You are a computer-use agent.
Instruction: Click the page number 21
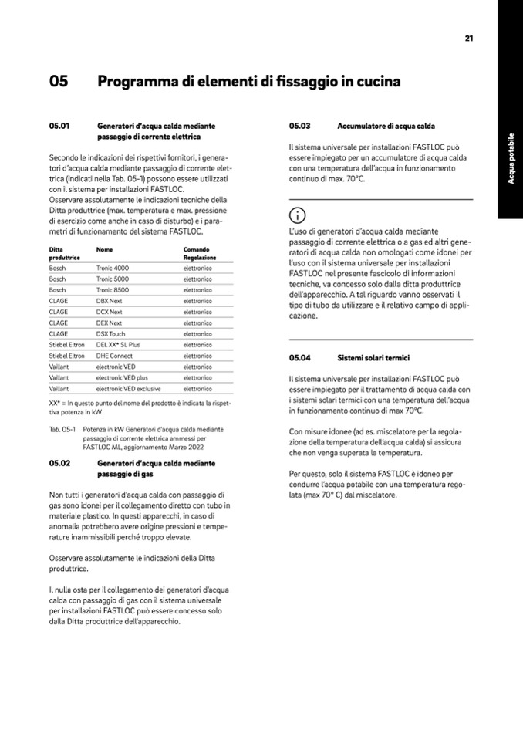468,38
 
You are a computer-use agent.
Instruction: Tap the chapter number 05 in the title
59,81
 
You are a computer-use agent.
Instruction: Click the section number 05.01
59,125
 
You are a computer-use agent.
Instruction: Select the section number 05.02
59,463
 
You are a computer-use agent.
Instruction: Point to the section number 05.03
299,125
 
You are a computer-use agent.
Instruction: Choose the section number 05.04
299,358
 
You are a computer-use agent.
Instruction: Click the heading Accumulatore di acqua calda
386,125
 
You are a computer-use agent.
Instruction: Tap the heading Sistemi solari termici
373,358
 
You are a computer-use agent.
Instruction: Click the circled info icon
296,215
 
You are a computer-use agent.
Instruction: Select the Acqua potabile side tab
511,159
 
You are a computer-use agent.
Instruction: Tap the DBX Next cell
109,300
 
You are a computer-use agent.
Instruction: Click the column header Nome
104,249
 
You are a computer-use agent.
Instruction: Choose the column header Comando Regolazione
199,253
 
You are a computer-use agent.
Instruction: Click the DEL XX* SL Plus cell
118,345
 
